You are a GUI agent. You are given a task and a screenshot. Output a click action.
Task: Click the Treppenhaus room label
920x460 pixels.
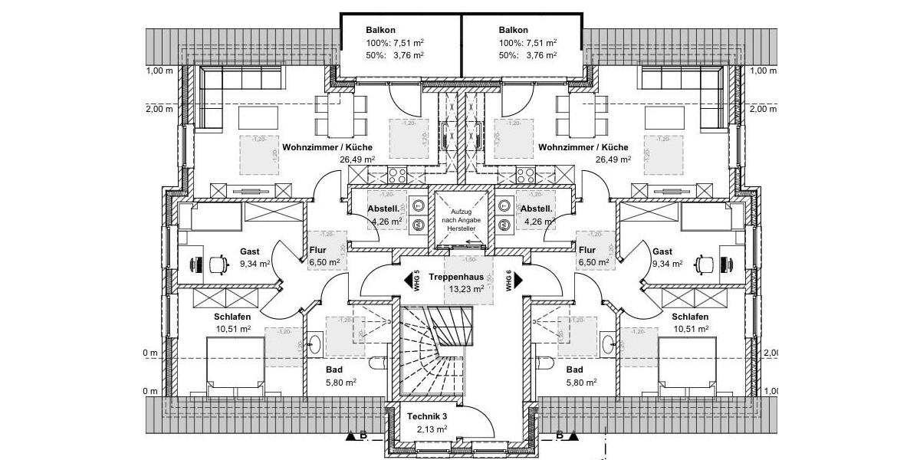[457, 276]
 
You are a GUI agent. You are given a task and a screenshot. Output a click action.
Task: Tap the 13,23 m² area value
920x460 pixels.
[457, 289]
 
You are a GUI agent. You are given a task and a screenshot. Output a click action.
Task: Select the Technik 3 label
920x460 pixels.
[427, 416]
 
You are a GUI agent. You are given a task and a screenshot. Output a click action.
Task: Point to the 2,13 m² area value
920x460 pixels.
[427, 429]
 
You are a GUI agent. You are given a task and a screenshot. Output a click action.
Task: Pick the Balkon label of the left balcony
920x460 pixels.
[381, 31]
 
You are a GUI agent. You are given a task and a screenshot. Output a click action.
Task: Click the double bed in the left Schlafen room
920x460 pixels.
[236, 367]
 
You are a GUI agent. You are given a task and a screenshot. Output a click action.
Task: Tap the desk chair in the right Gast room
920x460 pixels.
[702, 263]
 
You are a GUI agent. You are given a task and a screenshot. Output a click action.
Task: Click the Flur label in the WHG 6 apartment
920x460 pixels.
[587, 250]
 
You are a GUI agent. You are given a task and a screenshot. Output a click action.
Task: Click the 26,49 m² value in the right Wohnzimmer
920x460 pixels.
[613, 160]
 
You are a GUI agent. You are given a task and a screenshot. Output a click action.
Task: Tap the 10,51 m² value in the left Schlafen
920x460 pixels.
[233, 329]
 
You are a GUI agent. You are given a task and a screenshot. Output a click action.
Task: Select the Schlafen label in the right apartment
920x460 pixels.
[689, 317]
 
